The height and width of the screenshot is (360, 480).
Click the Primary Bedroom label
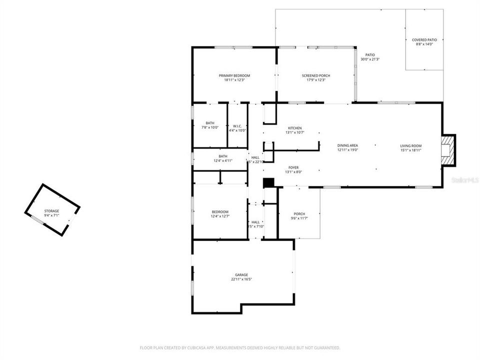(x=234, y=75)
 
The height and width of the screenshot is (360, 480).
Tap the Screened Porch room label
(x=315, y=75)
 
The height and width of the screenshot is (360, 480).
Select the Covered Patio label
(x=423, y=40)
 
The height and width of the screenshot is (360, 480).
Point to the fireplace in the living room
(x=448, y=149)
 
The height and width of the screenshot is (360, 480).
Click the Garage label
(x=241, y=274)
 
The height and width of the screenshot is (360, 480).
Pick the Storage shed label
(x=51, y=211)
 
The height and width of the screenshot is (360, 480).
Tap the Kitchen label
(x=294, y=128)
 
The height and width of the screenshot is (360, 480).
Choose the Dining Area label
(x=347, y=145)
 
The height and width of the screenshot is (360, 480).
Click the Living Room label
(x=410, y=145)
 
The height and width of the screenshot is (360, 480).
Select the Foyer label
(x=293, y=167)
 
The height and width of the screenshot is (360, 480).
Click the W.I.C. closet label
(x=237, y=126)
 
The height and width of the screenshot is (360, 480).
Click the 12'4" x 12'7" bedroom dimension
(x=220, y=216)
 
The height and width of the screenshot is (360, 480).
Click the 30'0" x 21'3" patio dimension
(x=370, y=59)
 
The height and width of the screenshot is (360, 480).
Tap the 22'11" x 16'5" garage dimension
(x=241, y=279)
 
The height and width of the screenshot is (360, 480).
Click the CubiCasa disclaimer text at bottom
(x=239, y=347)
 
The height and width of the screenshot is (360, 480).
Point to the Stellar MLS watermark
(x=464, y=179)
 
